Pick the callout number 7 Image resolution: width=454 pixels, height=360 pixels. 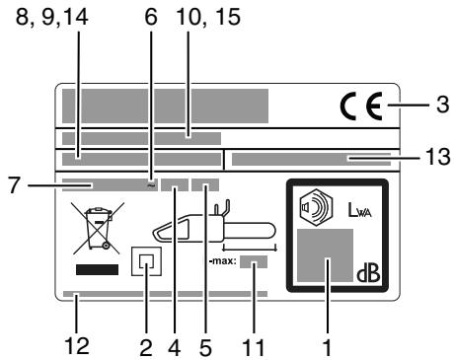click(14, 183)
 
